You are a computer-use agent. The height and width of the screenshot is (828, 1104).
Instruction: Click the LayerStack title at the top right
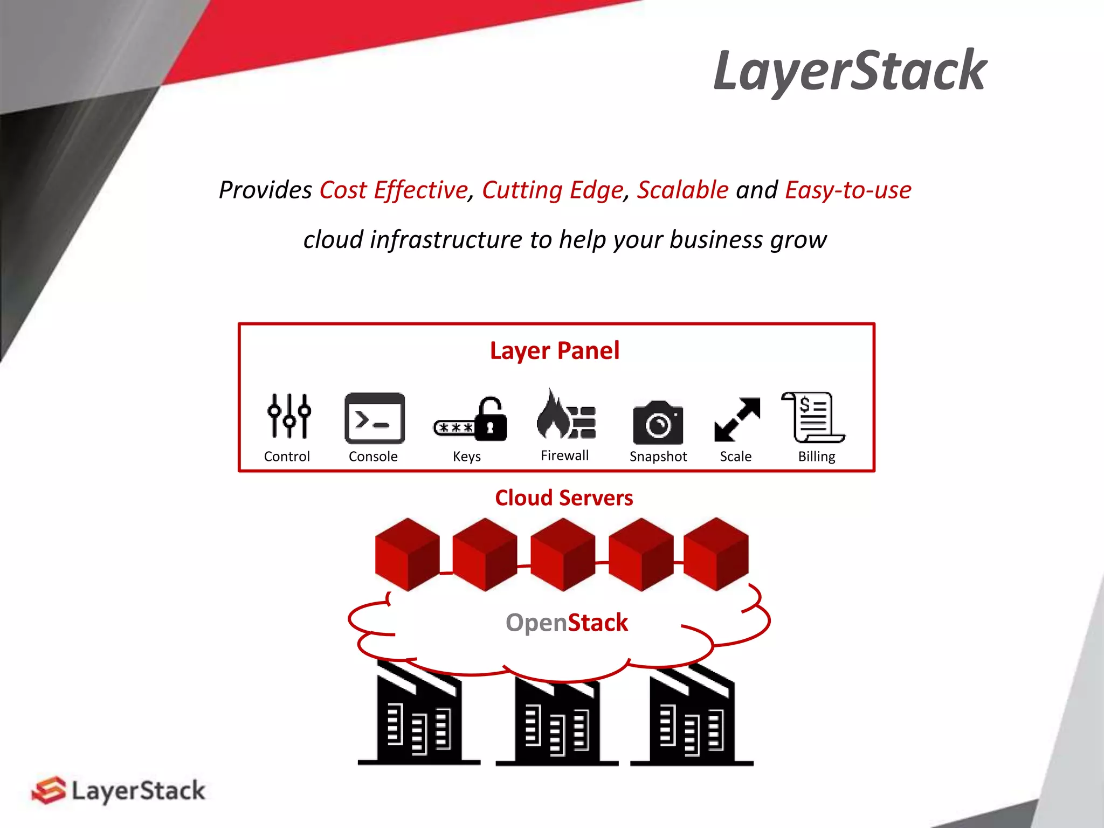click(850, 71)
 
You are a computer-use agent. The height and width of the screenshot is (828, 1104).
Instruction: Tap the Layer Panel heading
click(554, 351)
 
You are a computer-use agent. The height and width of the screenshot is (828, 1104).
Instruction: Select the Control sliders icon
click(289, 416)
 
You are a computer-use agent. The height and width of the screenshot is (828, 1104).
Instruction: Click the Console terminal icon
click(374, 418)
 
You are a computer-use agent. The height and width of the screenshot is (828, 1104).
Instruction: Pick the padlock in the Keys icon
click(491, 420)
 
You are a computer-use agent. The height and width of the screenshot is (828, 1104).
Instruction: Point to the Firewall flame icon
click(551, 416)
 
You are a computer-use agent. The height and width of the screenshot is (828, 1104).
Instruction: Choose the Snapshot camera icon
click(658, 423)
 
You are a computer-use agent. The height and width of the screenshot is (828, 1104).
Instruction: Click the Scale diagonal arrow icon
click(737, 419)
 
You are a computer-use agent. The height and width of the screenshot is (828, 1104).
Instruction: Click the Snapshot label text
click(658, 457)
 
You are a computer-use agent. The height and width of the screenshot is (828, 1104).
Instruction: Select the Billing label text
click(816, 457)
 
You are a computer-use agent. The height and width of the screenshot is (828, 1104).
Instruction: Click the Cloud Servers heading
click(564, 498)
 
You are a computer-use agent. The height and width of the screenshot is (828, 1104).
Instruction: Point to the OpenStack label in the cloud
click(567, 623)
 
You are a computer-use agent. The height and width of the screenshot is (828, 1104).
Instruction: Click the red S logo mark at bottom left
click(49, 790)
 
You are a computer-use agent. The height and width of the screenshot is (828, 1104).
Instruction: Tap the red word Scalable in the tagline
click(682, 190)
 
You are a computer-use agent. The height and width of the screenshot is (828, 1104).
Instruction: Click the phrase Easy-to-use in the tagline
click(848, 190)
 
